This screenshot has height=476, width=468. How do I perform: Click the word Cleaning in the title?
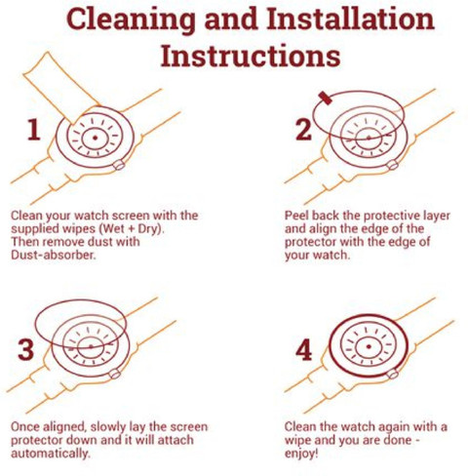click(131, 20)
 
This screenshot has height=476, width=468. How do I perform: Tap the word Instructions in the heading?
click(251, 56)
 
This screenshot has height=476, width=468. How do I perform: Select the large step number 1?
click(34, 130)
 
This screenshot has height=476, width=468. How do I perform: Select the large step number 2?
click(303, 130)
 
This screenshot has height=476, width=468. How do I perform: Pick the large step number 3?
click(25, 349)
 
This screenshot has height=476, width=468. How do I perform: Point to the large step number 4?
click(304, 350)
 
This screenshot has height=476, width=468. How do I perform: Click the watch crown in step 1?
click(119, 165)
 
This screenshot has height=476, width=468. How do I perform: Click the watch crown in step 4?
click(393, 375)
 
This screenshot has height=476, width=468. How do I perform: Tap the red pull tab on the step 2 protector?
click(325, 98)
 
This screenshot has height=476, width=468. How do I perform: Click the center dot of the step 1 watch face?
click(95, 138)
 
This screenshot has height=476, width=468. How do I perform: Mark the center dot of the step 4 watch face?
click(369, 346)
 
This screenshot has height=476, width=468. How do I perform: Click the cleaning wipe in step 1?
click(61, 89)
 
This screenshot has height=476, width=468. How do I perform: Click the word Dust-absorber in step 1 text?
click(54, 256)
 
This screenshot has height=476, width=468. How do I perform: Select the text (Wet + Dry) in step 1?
click(132, 229)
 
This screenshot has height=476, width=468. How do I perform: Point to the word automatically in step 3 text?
click(50, 454)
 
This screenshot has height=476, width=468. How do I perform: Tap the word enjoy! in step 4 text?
click(301, 454)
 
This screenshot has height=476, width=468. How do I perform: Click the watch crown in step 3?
click(115, 374)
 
